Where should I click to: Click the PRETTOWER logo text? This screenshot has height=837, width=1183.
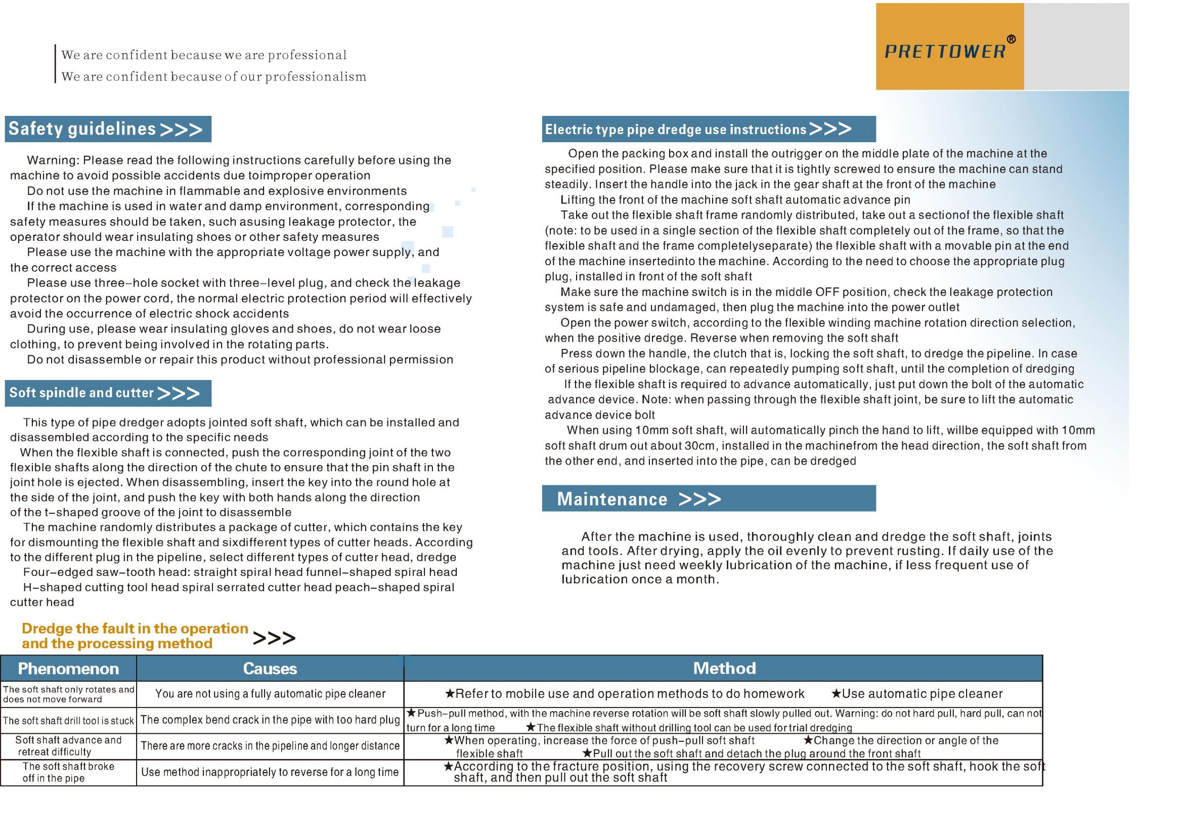944,52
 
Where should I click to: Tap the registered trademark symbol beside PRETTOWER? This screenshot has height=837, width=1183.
1011,39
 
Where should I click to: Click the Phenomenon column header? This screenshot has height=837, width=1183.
68,668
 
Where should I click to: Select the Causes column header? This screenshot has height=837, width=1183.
270,668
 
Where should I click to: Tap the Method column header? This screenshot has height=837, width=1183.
724,668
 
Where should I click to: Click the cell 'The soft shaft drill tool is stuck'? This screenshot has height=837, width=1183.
68,721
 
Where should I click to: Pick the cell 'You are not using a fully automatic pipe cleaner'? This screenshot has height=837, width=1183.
270,694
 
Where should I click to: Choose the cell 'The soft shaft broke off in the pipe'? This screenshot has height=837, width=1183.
68,772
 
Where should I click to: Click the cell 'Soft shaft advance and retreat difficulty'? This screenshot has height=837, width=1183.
68,746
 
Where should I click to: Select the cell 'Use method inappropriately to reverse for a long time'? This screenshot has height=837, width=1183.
270,772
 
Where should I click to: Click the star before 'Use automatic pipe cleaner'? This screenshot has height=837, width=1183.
836,694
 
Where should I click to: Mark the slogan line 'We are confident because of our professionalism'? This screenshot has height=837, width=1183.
214,77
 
